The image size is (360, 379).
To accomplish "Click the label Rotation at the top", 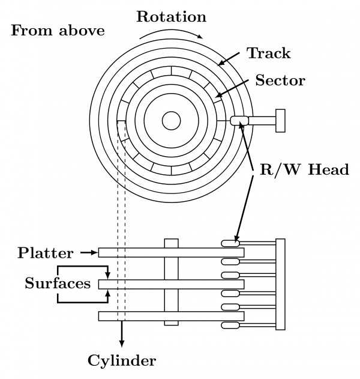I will [171, 16].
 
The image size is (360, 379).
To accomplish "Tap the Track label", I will [268, 53].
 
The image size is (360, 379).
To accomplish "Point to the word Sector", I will [280, 80].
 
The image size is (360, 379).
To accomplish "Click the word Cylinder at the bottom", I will [122, 360].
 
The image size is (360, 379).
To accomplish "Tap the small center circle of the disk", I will [171, 121].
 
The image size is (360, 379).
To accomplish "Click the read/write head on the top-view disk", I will [239, 121].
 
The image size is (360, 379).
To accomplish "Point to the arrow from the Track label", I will [230, 59].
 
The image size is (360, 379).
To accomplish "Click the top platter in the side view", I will [171, 253].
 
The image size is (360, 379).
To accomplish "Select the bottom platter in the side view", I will [171, 315].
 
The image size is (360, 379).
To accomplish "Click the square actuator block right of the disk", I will [280, 121].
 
